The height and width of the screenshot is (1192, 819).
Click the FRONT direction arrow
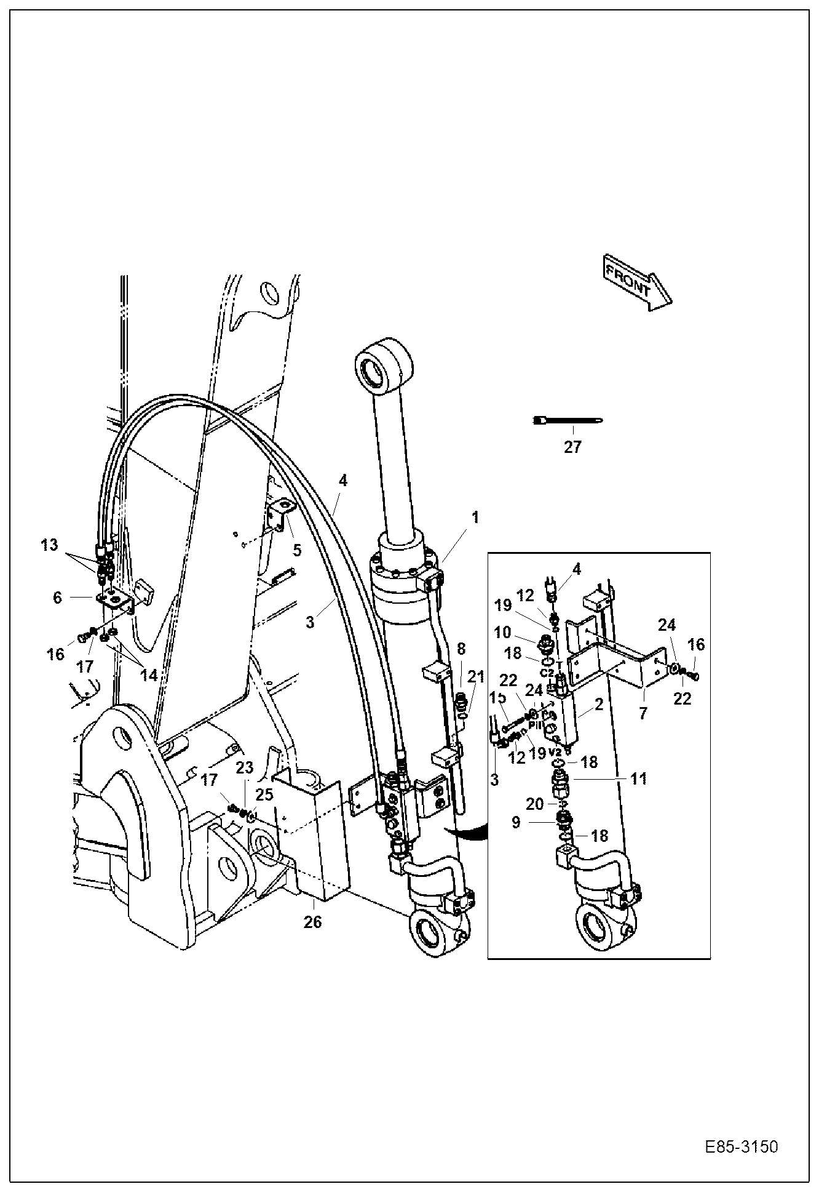637,282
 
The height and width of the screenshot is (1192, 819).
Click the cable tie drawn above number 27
567,420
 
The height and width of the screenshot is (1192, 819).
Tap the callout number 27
572,447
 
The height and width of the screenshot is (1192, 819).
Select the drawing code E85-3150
742,1148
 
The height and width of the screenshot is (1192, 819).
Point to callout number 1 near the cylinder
475,516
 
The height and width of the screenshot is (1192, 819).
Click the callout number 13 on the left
49,545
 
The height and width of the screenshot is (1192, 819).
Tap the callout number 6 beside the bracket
57,598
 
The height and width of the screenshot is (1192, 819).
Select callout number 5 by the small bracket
297,550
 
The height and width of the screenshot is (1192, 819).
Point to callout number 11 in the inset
639,778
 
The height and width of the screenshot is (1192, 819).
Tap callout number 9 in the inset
516,822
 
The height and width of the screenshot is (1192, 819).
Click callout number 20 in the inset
536,804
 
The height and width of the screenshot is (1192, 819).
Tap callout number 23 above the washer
245,767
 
